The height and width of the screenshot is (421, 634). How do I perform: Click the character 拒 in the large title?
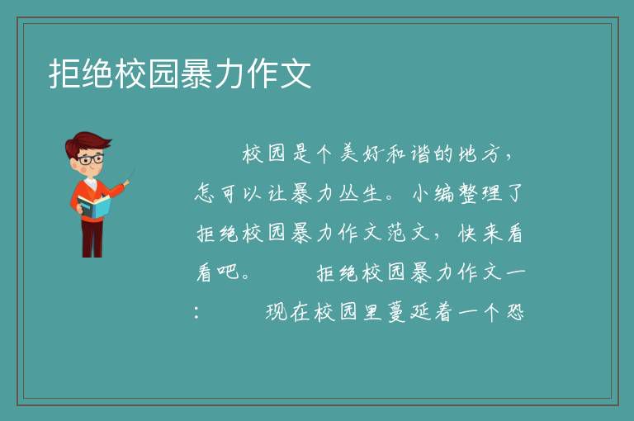[x=64, y=73]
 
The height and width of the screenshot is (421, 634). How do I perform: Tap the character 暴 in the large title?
[x=196, y=73]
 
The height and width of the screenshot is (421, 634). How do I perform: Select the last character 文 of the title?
[x=296, y=73]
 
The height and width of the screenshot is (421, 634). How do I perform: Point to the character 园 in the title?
[x=163, y=73]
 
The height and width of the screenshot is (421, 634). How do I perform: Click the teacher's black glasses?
[x=91, y=159]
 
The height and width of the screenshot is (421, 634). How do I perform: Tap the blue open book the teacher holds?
[x=94, y=206]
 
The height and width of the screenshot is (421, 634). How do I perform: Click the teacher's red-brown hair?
[x=87, y=142]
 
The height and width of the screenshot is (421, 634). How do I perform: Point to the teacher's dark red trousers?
[x=92, y=239]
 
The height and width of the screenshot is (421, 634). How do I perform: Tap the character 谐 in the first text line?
[x=419, y=154]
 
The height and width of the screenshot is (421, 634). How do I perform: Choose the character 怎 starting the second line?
[x=205, y=193]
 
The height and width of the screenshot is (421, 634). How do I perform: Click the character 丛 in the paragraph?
[x=348, y=193]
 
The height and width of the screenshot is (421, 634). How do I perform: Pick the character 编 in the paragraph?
[x=444, y=193]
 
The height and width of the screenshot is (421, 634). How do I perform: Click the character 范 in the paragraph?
[x=396, y=233]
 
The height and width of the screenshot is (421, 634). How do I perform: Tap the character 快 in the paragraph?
[x=468, y=233]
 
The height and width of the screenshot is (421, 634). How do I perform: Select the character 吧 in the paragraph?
[x=229, y=272]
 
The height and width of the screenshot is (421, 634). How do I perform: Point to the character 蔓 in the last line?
[x=396, y=312]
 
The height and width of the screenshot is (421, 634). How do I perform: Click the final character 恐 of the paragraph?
[x=515, y=312]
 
